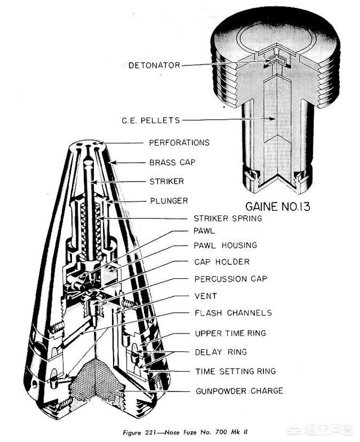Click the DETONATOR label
click(154, 65)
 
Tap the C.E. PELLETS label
click(150, 120)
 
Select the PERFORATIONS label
click(179, 143)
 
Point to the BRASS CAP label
click(172, 162)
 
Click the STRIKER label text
click(166, 182)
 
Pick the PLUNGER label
click(168, 200)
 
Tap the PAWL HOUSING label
click(225, 245)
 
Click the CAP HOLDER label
click(222, 261)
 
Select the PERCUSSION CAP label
click(231, 278)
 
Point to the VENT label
click(205, 296)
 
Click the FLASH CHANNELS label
click(233, 313)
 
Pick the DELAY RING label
click(220, 352)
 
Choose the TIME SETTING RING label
click(235, 371)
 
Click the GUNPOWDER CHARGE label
click(238, 390)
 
